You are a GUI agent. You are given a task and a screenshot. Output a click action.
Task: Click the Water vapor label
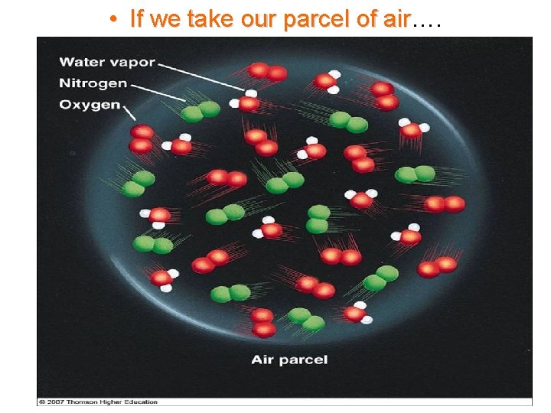[106, 62]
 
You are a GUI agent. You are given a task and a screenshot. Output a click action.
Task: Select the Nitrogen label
[93, 83]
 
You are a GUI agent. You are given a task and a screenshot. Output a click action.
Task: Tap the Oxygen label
[90, 104]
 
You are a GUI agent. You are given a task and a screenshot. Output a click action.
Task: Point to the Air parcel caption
[289, 359]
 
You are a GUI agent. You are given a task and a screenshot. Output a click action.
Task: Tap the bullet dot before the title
[112, 18]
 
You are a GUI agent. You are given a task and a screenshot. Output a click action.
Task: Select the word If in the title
[137, 18]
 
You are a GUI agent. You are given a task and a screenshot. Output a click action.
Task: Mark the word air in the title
[395, 18]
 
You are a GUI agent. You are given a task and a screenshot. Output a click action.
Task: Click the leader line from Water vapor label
[199, 76]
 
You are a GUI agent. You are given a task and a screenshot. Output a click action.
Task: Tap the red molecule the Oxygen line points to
[142, 138]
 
